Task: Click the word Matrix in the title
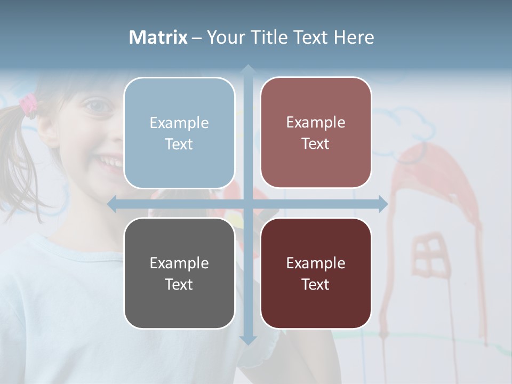point(158,37)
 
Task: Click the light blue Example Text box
point(179,133)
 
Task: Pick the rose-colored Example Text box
point(316,132)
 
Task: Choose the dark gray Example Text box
point(179,273)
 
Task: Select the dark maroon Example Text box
point(316,273)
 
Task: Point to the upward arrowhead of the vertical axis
point(247,70)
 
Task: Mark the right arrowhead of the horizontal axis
point(382,204)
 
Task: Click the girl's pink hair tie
point(28,103)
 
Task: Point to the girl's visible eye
point(98,106)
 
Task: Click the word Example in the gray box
point(179,263)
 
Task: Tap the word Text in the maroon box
point(316,284)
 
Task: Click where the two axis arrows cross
point(247,204)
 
